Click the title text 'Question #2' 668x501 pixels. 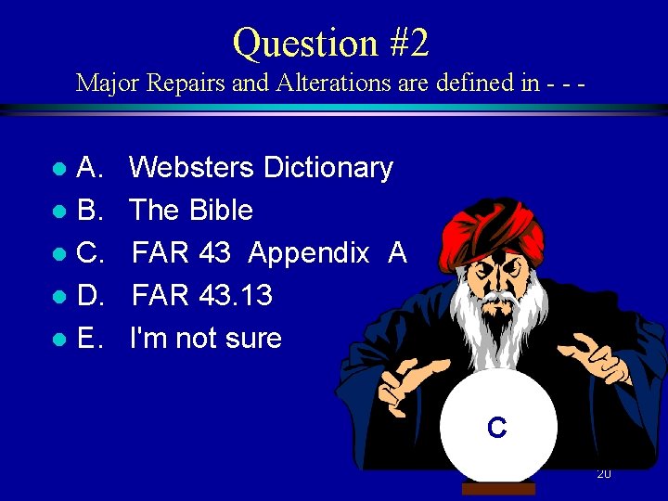pos(331,43)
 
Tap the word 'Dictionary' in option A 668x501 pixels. pos(328,168)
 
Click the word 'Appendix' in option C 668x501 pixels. pos(309,253)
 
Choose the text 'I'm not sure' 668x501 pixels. pos(206,339)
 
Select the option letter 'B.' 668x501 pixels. pos(90,211)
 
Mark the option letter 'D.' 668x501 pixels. pos(90,296)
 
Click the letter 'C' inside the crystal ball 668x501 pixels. pos(497,428)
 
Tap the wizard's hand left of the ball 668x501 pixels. pos(408,385)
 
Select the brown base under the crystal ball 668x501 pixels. pos(498,489)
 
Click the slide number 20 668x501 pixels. pos(603,473)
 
